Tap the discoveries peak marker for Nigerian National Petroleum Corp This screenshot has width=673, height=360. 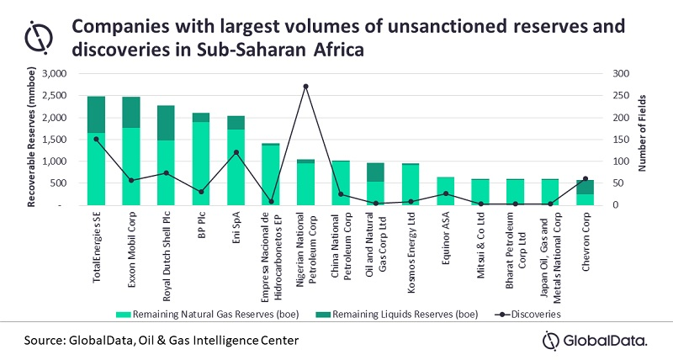point(305,86)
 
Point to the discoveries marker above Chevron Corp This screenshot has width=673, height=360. point(585,178)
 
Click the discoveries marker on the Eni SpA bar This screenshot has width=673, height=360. point(236,152)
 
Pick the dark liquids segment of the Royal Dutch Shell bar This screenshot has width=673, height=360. point(166,123)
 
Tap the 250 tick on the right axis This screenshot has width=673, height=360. point(620,96)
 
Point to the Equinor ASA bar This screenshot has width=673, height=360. point(445,191)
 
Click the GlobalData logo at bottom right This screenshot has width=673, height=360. point(595,340)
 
